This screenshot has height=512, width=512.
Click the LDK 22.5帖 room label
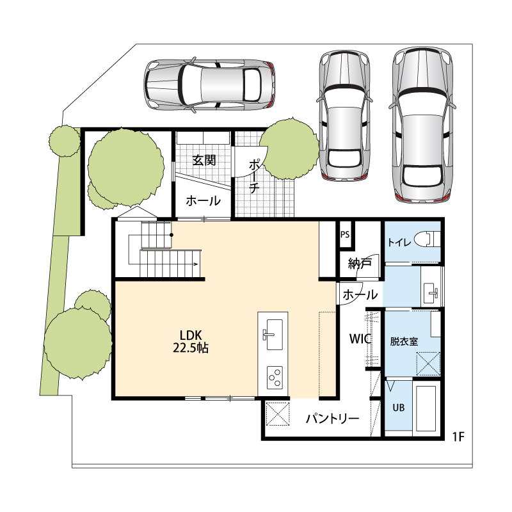(190, 342)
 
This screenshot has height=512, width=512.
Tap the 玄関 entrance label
(204, 160)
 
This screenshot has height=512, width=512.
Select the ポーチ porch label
(254, 177)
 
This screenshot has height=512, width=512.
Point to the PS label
(345, 234)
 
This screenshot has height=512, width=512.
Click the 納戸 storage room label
(360, 263)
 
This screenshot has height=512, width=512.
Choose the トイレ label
(399, 242)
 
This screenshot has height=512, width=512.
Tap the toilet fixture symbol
(427, 239)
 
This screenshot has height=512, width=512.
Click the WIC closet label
(360, 339)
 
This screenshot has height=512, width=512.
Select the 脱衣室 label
(404, 342)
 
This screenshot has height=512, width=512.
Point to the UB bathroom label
(398, 408)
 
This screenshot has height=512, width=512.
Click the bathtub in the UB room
(426, 408)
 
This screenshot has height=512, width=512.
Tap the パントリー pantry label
(332, 419)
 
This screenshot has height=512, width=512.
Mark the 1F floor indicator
(458, 436)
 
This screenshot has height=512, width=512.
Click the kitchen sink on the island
(273, 334)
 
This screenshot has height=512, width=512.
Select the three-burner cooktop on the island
(275, 378)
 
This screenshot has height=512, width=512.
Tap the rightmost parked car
(422, 125)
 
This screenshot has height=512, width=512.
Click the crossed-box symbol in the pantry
(278, 413)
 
